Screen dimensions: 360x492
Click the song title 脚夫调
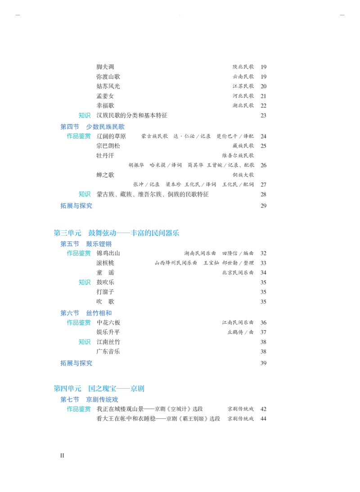tap(105, 67)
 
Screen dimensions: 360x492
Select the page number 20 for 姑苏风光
tap(263, 86)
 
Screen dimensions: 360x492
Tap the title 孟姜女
tap(105, 96)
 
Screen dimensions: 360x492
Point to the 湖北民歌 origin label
tap(243, 105)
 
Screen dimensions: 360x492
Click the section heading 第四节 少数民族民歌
tap(93, 127)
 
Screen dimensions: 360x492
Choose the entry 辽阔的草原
tap(111, 136)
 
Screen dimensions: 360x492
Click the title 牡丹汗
tap(105, 156)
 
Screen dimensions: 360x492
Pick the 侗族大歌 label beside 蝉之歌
tap(243, 175)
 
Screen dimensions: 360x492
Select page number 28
tap(263, 195)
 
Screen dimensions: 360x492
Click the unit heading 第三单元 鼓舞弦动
tap(116, 233)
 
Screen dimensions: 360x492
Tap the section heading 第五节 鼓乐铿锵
tap(86, 244)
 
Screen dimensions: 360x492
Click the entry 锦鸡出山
tap(108, 253)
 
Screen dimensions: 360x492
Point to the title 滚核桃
tap(105, 263)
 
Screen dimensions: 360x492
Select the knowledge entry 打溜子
tap(105, 292)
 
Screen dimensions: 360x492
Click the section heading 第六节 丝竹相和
tap(86, 313)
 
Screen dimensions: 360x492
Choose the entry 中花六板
tap(108, 322)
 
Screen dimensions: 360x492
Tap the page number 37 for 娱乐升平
tap(263, 332)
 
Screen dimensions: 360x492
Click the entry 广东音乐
tap(108, 351)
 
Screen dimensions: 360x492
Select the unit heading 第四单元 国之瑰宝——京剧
tap(99, 389)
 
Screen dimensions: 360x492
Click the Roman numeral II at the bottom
tap(62, 455)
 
